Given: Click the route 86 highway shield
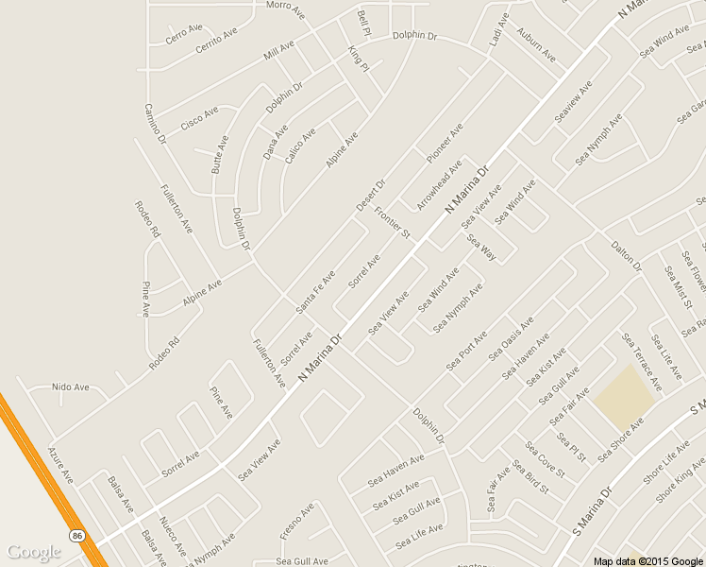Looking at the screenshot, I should [76, 536].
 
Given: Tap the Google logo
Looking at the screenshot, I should [34, 553].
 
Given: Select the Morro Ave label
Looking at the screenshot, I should [285, 9].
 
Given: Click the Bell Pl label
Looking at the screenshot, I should [364, 23].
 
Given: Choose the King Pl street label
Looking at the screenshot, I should [358, 60].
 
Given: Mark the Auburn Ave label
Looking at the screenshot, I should [536, 45].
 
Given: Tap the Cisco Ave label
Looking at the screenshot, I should [199, 118].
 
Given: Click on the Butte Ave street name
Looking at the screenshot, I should [220, 153].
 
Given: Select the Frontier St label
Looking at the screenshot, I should [393, 222].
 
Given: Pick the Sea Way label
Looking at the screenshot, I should [481, 248].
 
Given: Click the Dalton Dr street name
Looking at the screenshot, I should [626, 255].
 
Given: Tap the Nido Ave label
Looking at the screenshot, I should [70, 387].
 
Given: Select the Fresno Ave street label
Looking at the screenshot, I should [296, 522].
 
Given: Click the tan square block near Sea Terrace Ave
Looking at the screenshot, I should [624, 396].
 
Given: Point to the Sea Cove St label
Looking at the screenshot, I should [545, 460].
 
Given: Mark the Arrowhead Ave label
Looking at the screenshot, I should [439, 184].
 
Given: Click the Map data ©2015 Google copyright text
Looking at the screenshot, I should [648, 561].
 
